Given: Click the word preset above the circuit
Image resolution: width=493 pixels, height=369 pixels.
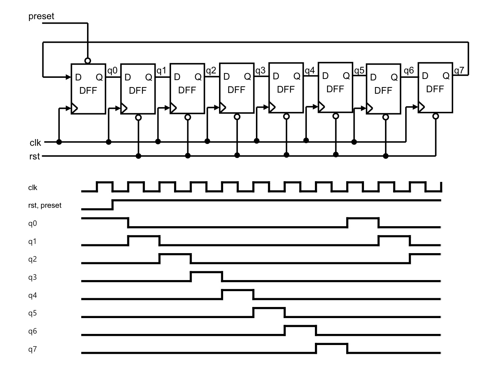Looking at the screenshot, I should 41,16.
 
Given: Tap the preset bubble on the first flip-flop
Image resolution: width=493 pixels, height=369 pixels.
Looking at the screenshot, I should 88,61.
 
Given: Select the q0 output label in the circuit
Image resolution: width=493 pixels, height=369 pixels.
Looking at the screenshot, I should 112,70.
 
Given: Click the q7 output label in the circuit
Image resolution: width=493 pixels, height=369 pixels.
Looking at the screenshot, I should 459,70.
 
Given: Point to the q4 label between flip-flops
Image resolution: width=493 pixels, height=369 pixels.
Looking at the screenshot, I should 310,70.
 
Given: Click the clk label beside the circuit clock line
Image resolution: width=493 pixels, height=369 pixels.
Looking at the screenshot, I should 35,142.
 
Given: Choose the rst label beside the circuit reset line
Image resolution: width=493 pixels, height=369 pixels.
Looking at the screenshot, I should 34,156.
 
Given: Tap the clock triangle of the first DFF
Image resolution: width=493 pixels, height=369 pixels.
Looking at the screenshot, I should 74,108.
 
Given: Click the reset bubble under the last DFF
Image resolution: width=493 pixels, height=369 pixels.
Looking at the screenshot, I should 435,116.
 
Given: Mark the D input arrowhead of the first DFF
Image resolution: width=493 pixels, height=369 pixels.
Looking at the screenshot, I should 69,77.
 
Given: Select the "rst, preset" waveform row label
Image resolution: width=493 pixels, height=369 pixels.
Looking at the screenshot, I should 45,205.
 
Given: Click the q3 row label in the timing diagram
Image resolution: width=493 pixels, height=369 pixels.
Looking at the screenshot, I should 32,277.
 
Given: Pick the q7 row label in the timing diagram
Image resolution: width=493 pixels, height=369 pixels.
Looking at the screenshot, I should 32,349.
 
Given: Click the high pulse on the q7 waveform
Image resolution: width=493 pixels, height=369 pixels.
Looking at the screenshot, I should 331,344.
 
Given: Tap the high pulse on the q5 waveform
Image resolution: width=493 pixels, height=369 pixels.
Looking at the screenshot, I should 269,308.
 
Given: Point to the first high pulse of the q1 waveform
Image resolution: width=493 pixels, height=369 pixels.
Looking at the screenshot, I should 144,237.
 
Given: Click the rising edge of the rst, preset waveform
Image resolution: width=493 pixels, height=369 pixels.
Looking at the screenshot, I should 112,205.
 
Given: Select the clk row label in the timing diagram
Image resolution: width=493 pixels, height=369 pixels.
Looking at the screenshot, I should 32,187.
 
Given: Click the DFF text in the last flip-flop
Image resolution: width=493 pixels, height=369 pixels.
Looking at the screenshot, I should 435,89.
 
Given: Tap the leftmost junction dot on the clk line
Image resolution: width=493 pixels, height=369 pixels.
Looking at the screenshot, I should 59,142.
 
